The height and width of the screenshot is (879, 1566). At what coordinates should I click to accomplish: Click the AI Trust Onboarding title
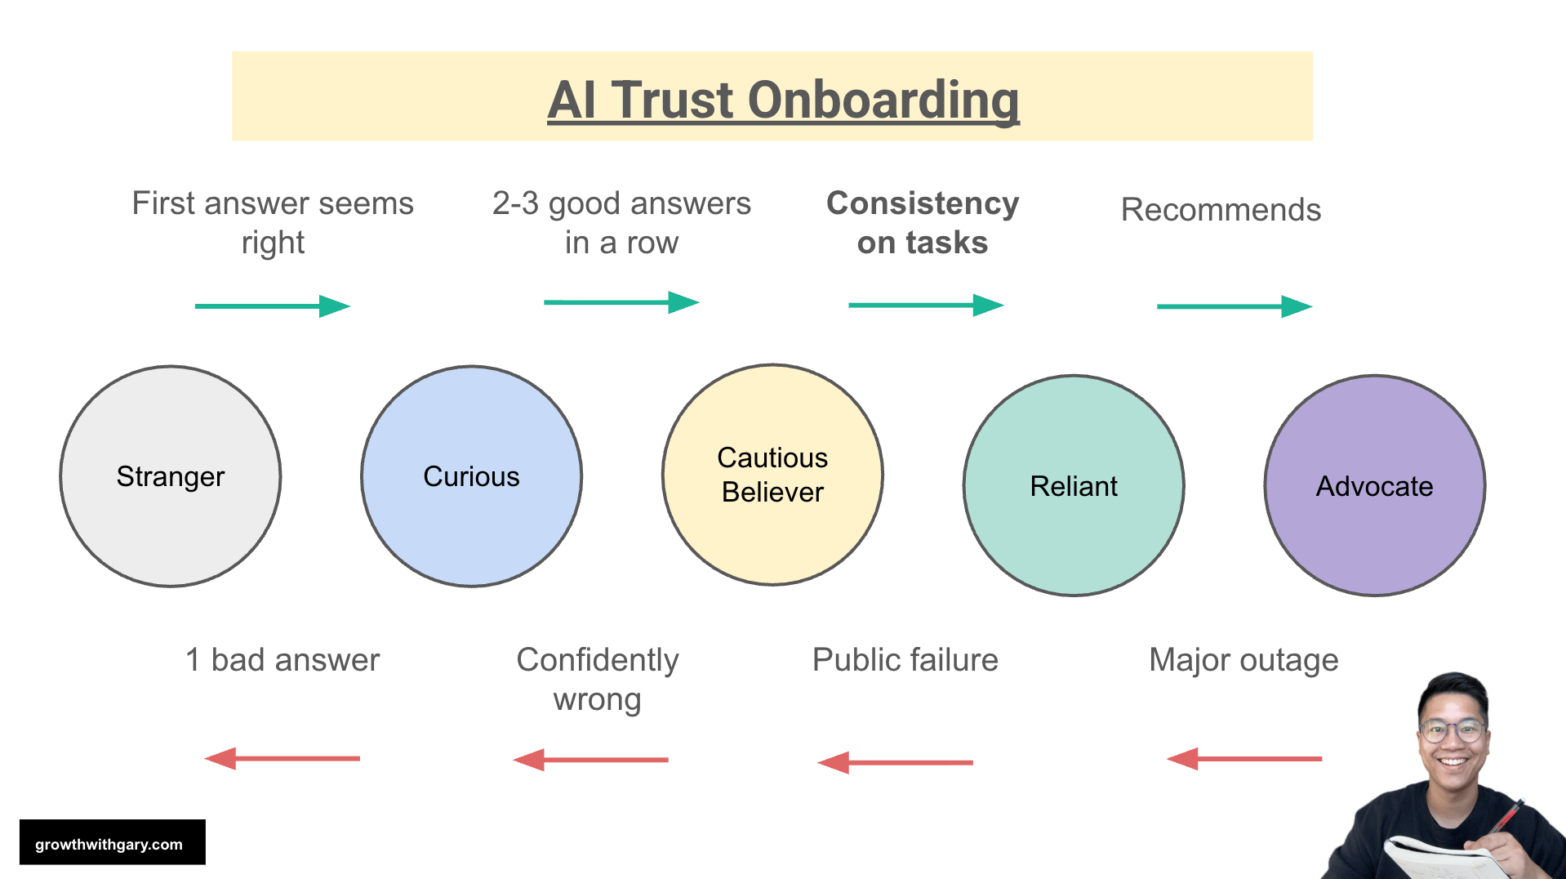coord(783,100)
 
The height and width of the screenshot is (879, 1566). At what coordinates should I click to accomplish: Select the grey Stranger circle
coord(171,476)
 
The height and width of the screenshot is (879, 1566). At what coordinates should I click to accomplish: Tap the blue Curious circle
coord(471,476)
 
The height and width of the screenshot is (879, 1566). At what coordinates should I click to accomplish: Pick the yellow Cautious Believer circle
coord(772,475)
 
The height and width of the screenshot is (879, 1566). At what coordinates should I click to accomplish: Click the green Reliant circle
coord(1074,486)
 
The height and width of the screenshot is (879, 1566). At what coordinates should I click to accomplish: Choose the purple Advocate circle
coord(1374,486)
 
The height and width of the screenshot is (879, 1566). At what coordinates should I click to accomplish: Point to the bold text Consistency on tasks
coord(923,222)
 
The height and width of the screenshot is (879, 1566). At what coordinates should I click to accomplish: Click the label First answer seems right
coord(273,222)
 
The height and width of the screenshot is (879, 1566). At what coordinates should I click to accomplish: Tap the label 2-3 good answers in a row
coord(621,222)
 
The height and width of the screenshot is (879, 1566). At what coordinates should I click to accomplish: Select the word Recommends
coord(1221,210)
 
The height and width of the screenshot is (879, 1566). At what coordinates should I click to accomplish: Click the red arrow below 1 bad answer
coord(283,758)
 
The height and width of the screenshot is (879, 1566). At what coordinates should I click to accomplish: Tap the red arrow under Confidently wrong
coord(591,760)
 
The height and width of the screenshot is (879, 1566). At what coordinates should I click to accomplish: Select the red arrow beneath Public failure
coord(896,762)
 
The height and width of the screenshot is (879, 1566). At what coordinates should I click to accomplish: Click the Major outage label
coord(1243,660)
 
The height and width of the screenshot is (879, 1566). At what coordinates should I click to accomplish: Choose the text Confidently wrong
coord(597,680)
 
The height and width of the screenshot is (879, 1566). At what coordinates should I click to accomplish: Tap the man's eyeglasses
coord(1453,730)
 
